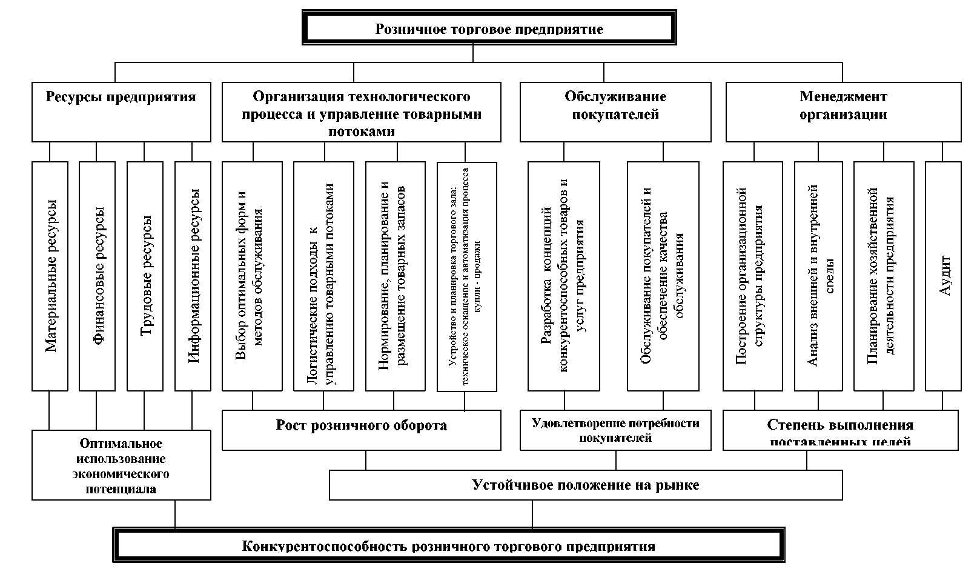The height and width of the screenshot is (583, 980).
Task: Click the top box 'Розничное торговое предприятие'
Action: [489, 28]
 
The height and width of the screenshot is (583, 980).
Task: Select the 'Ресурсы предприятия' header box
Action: [121, 112]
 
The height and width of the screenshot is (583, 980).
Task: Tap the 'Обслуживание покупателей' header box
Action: [615, 112]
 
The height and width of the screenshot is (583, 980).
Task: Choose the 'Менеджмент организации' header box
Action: [843, 112]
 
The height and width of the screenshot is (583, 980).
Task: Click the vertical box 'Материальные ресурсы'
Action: [50, 276]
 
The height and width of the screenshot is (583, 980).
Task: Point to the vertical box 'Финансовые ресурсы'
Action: [97, 276]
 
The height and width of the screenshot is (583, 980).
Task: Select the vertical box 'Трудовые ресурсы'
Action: [145, 276]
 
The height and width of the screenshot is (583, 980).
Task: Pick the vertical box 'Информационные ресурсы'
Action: [193, 276]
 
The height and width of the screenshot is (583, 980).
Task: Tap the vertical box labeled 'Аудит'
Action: [943, 276]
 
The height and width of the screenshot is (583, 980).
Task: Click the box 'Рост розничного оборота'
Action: [361, 430]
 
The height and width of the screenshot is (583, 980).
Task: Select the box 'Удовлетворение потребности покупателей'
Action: [615, 430]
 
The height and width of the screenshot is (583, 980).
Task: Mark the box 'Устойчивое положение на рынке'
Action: [585, 485]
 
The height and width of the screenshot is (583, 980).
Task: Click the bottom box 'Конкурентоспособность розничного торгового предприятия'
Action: [448, 545]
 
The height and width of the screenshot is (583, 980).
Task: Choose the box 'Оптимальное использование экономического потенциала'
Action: [121, 465]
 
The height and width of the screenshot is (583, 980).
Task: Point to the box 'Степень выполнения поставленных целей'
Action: [840, 430]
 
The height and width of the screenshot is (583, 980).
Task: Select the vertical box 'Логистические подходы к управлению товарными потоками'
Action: [323, 276]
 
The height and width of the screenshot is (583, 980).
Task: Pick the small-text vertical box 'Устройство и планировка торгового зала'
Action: [466, 276]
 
